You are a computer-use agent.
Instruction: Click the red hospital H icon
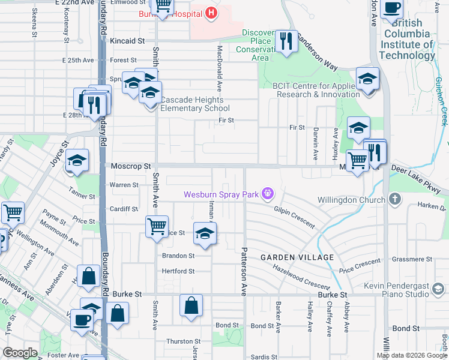tap(210, 12)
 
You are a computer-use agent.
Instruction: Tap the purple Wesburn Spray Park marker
tap(268, 194)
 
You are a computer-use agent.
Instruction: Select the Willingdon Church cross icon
tap(394, 199)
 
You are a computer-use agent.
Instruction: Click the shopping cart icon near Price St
tap(157, 227)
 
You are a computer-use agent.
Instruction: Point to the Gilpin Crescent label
tap(294, 217)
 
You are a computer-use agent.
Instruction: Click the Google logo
tap(20, 353)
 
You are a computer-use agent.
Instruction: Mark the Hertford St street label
tap(178, 271)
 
